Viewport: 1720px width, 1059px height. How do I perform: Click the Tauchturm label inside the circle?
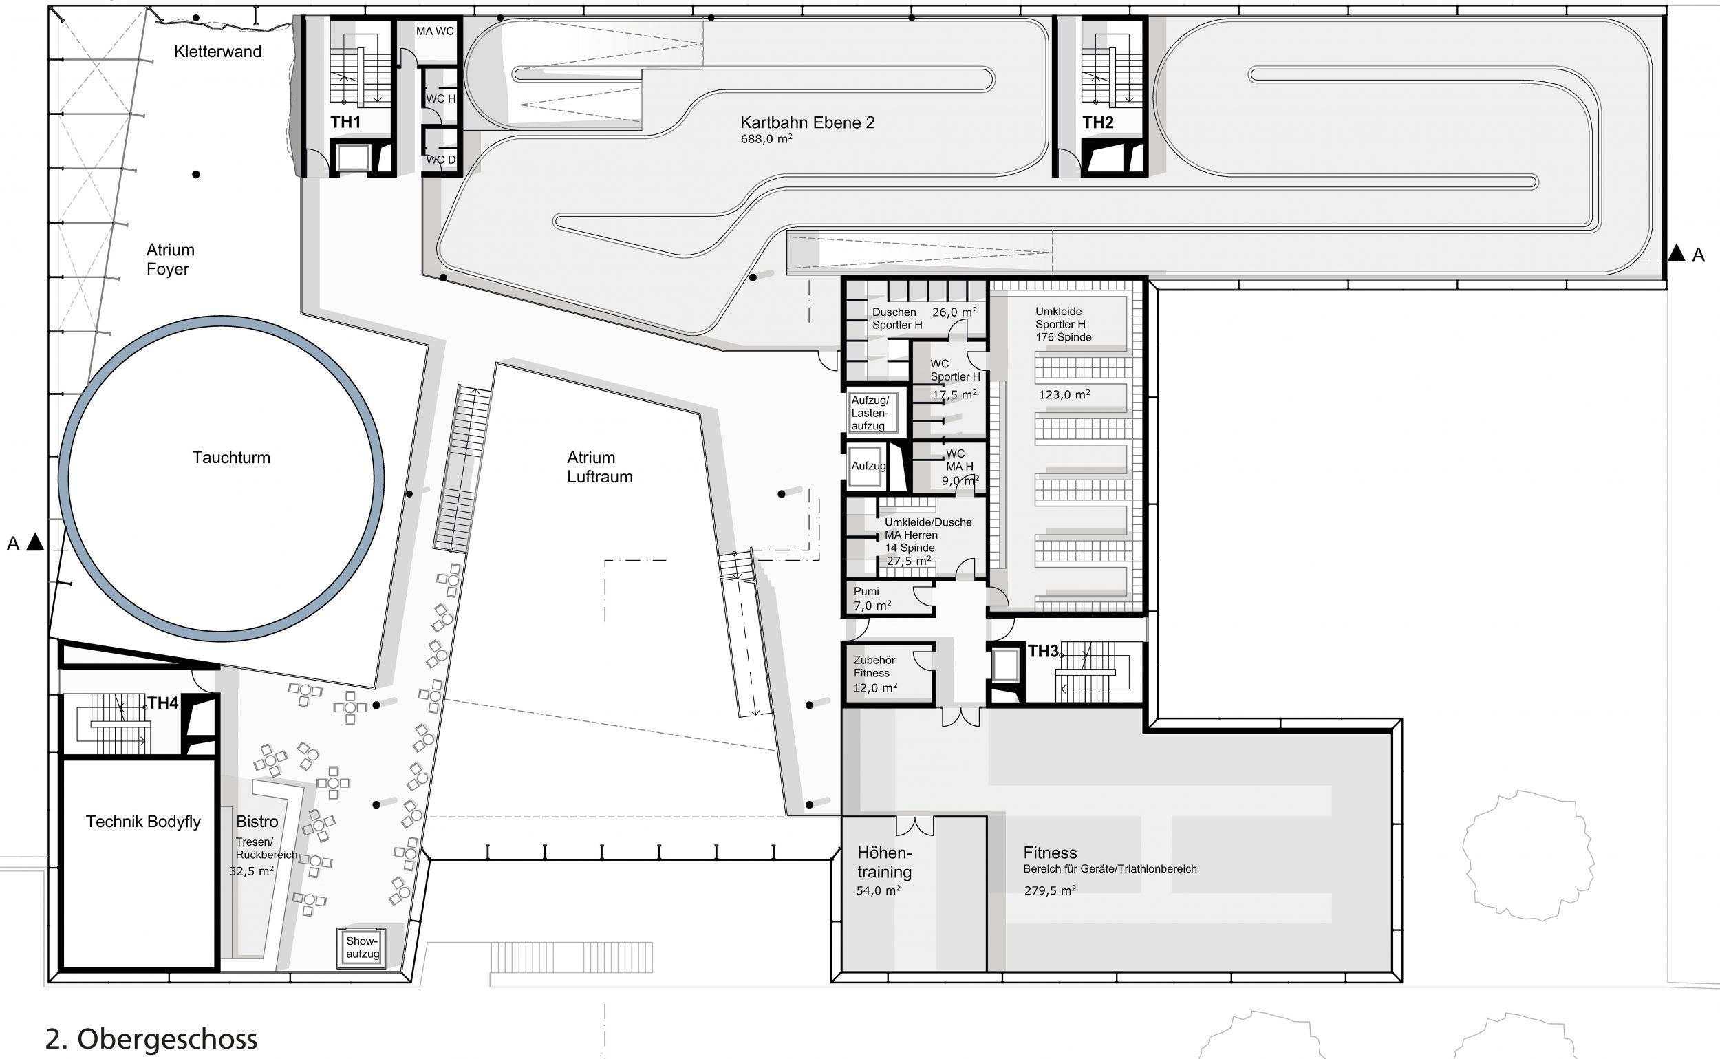click(231, 458)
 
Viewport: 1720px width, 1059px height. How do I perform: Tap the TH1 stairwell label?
click(345, 122)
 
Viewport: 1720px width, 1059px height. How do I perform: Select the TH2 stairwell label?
click(1097, 122)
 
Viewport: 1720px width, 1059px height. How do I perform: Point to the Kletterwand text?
click(218, 51)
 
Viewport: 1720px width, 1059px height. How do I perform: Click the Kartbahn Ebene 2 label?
click(808, 122)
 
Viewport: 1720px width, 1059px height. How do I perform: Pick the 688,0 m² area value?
click(766, 140)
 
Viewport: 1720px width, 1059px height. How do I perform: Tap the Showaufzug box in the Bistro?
click(362, 948)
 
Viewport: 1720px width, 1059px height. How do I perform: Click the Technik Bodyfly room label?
click(143, 822)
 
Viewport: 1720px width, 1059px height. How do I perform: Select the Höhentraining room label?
click(885, 862)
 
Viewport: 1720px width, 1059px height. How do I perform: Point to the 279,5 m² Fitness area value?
click(1049, 890)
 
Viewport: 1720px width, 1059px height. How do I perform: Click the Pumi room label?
click(866, 591)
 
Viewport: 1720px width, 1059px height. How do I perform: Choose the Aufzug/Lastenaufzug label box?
click(870, 413)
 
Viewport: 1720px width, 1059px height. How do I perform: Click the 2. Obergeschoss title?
click(151, 1038)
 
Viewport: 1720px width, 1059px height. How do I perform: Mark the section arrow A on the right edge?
click(1676, 253)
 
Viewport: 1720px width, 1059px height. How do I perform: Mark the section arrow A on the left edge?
click(35, 542)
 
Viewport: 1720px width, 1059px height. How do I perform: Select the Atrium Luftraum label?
click(599, 467)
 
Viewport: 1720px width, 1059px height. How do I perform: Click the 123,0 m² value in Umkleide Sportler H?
click(1064, 395)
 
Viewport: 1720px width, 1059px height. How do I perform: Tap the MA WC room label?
click(435, 31)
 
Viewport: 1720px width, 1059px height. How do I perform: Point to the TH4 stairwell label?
click(163, 703)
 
